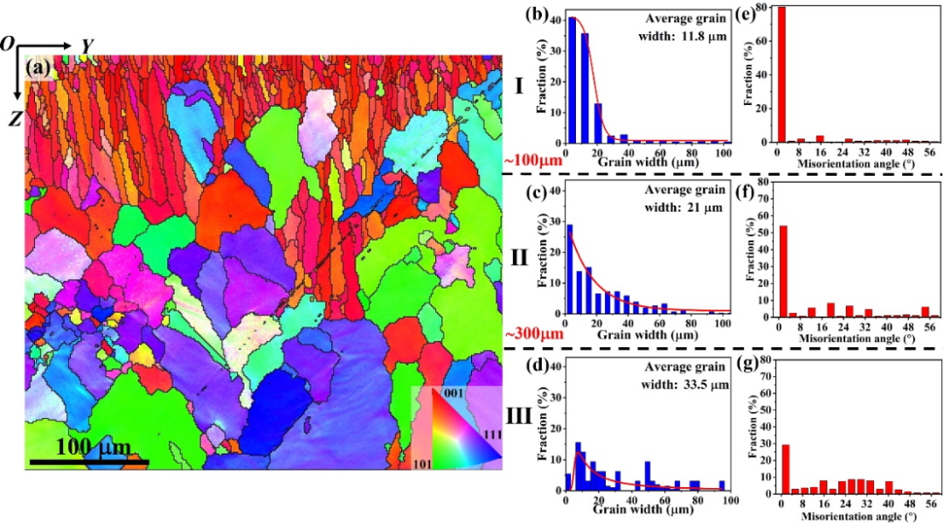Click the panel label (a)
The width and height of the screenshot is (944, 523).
click(41, 67)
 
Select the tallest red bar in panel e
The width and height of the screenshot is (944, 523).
click(781, 74)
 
